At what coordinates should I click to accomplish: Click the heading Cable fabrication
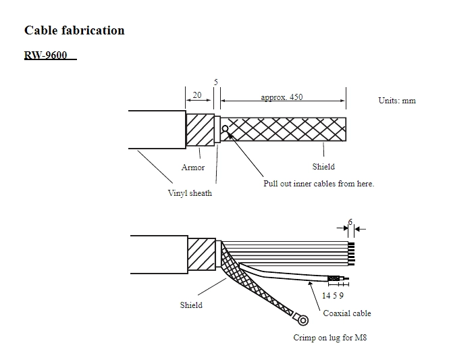point(74,30)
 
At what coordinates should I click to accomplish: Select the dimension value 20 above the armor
point(197,95)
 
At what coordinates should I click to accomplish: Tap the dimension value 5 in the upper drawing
point(216,82)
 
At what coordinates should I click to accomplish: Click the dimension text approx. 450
point(282,97)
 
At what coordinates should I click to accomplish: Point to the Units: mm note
point(397,101)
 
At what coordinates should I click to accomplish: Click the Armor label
point(193,168)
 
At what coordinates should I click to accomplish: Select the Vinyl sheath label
point(190,193)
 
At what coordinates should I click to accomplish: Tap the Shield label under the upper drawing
point(323,166)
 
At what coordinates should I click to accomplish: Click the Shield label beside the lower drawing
point(191,305)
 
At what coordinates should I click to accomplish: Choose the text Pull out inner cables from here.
point(318,184)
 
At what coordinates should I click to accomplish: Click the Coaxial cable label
point(347,313)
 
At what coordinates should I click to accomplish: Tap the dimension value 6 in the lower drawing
point(350,222)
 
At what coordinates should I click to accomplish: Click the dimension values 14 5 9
point(333,295)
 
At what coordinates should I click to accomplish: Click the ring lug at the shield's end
point(303,319)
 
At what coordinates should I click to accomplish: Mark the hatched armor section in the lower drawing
point(201,254)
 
